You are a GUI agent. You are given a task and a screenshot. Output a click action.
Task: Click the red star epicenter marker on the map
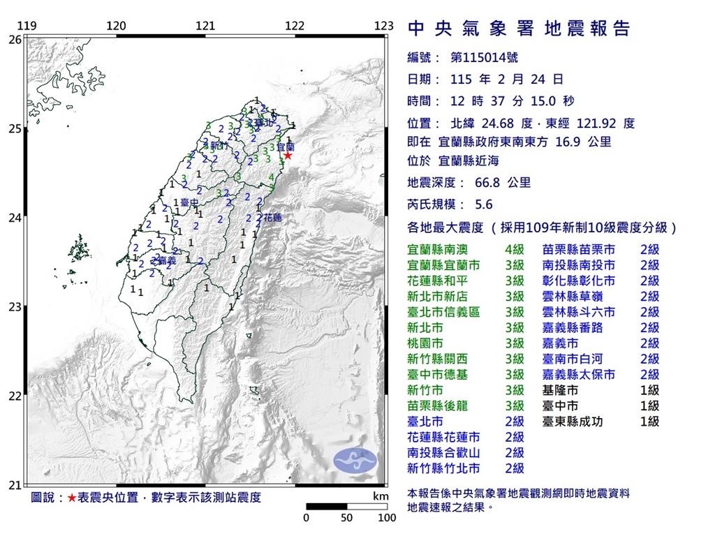click(x=287, y=156)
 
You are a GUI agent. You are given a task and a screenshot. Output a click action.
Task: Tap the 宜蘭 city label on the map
click(x=286, y=148)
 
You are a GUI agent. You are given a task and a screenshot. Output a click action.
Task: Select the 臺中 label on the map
click(x=189, y=203)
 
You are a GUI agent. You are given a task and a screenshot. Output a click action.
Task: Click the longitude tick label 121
click(x=205, y=27)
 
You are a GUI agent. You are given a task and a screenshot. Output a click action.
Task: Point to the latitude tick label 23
click(x=15, y=306)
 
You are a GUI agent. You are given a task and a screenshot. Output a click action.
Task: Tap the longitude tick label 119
click(x=27, y=27)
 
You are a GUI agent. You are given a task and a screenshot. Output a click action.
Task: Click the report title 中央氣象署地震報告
click(x=518, y=29)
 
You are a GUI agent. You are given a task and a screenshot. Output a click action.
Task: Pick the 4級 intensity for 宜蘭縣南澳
click(x=514, y=249)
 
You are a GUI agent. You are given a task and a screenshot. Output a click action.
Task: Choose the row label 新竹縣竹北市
click(x=444, y=468)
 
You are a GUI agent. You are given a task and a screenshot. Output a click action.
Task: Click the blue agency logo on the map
click(x=355, y=459)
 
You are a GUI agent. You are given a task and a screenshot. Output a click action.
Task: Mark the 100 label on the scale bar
click(x=387, y=518)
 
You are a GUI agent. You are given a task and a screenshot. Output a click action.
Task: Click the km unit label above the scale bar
click(x=380, y=496)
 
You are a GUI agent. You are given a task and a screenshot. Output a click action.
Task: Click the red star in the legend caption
click(x=71, y=498)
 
